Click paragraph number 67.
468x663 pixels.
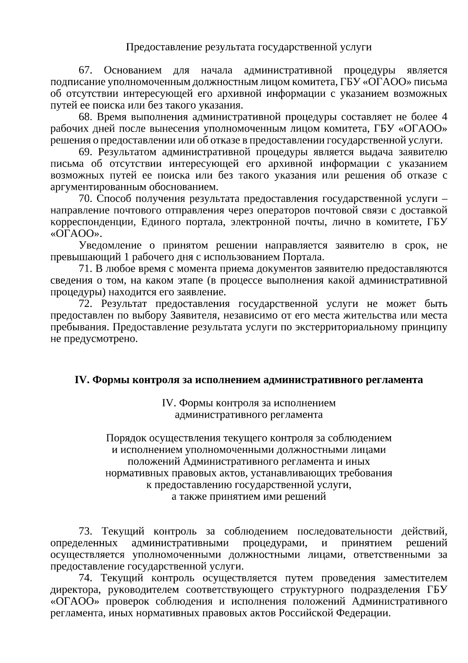point(85,71)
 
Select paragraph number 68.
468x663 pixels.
point(85,118)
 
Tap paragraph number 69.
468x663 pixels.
point(85,152)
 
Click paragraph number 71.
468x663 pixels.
point(85,269)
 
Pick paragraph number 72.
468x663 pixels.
point(85,304)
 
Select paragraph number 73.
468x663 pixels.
point(85,532)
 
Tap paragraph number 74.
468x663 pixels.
point(85,578)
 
